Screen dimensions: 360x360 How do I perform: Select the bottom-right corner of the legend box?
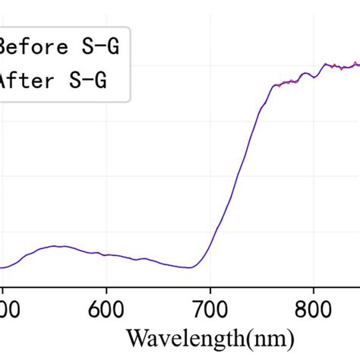(x=130, y=101)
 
